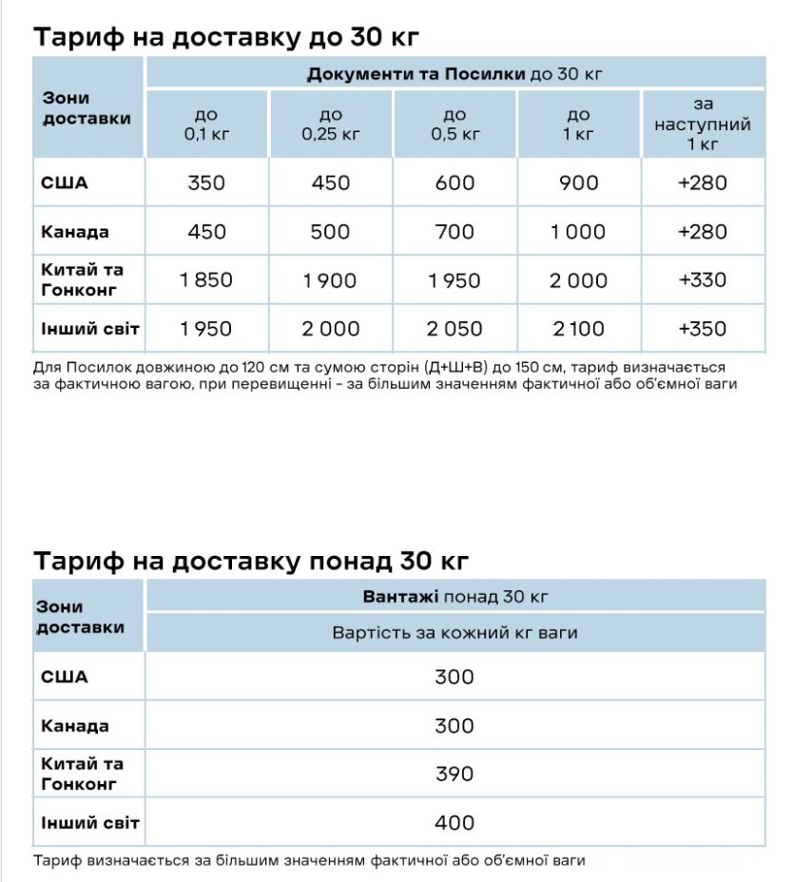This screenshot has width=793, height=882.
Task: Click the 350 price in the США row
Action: (206, 182)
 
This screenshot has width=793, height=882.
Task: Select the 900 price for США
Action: (578, 182)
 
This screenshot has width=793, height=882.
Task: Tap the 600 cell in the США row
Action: (455, 182)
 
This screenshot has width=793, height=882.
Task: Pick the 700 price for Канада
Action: (455, 232)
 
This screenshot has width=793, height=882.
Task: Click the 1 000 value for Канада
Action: (578, 232)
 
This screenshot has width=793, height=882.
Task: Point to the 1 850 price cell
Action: (206, 280)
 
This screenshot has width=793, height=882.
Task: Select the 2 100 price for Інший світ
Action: (578, 329)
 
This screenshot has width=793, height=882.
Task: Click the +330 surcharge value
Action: (703, 280)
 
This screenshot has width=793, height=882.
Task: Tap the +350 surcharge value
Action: (703, 329)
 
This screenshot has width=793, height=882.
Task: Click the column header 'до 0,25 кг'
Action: (331, 125)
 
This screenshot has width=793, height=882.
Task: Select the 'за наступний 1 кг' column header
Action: (703, 124)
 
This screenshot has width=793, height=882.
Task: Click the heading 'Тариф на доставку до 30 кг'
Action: (226, 37)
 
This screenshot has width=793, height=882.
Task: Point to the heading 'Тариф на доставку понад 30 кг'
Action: (251, 561)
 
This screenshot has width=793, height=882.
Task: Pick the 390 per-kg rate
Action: (455, 774)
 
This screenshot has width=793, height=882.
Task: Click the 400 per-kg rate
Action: (455, 822)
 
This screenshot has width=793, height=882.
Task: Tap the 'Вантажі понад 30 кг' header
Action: (455, 597)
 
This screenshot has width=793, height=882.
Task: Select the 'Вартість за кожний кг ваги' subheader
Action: (455, 633)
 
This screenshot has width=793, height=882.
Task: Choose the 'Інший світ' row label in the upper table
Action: (90, 329)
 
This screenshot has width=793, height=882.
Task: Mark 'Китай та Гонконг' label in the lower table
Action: (83, 774)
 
